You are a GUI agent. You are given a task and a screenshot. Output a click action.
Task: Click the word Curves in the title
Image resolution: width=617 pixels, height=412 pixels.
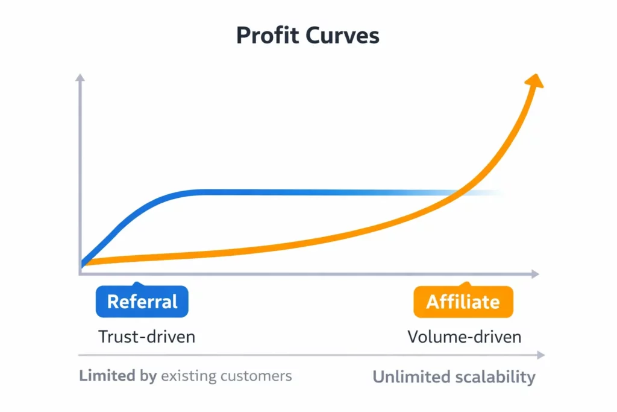pyautogui.click(x=342, y=36)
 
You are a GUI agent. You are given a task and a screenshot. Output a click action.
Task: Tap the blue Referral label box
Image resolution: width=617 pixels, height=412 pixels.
pyautogui.click(x=142, y=301)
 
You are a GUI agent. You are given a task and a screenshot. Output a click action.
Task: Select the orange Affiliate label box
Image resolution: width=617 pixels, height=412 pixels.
pyautogui.click(x=463, y=301)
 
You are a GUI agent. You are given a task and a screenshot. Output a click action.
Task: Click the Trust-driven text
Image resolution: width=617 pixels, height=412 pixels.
pyautogui.click(x=146, y=336)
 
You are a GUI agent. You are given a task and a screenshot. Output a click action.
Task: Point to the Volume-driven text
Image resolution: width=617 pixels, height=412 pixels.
pyautogui.click(x=464, y=336)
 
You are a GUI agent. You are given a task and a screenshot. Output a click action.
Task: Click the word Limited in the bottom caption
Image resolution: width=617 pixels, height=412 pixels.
pyautogui.click(x=107, y=376)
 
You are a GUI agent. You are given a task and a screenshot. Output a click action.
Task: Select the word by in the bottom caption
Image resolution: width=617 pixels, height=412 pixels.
pyautogui.click(x=148, y=376)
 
